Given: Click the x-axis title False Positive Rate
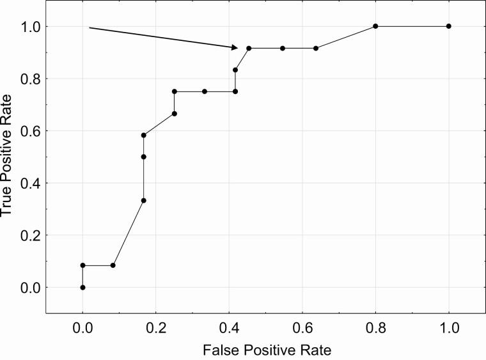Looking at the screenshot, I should click(x=265, y=350).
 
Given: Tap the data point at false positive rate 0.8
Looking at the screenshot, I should click(x=375, y=26).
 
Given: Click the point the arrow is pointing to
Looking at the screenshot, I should click(x=249, y=49).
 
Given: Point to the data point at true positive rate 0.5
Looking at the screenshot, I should click(x=144, y=157).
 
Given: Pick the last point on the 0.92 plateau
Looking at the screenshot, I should click(x=316, y=49).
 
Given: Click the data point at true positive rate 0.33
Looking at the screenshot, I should click(x=144, y=201).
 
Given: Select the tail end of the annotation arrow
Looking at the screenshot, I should click(x=89, y=27).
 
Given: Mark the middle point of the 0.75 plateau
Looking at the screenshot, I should click(x=205, y=91).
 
